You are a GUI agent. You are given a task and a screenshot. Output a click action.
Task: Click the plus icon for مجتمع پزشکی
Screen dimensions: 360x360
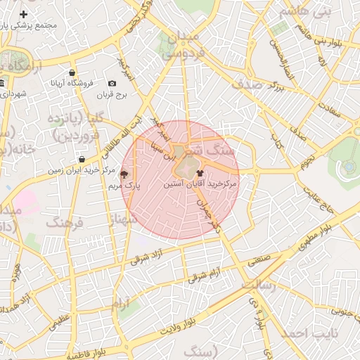coord(25,14)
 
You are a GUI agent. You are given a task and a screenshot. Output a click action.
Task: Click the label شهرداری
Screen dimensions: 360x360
coord(13,94)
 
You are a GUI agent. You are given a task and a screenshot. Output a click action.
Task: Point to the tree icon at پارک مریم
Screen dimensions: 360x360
coord(124,174)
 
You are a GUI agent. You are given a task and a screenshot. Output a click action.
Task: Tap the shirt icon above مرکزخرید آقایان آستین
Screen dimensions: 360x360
coord(200,172)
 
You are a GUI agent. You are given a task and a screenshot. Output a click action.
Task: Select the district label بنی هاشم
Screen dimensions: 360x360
coord(304,12)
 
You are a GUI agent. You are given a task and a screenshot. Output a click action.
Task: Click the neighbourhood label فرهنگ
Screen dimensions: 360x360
coord(65,224)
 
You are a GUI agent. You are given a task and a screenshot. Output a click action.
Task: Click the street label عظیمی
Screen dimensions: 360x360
coord(60,323)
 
